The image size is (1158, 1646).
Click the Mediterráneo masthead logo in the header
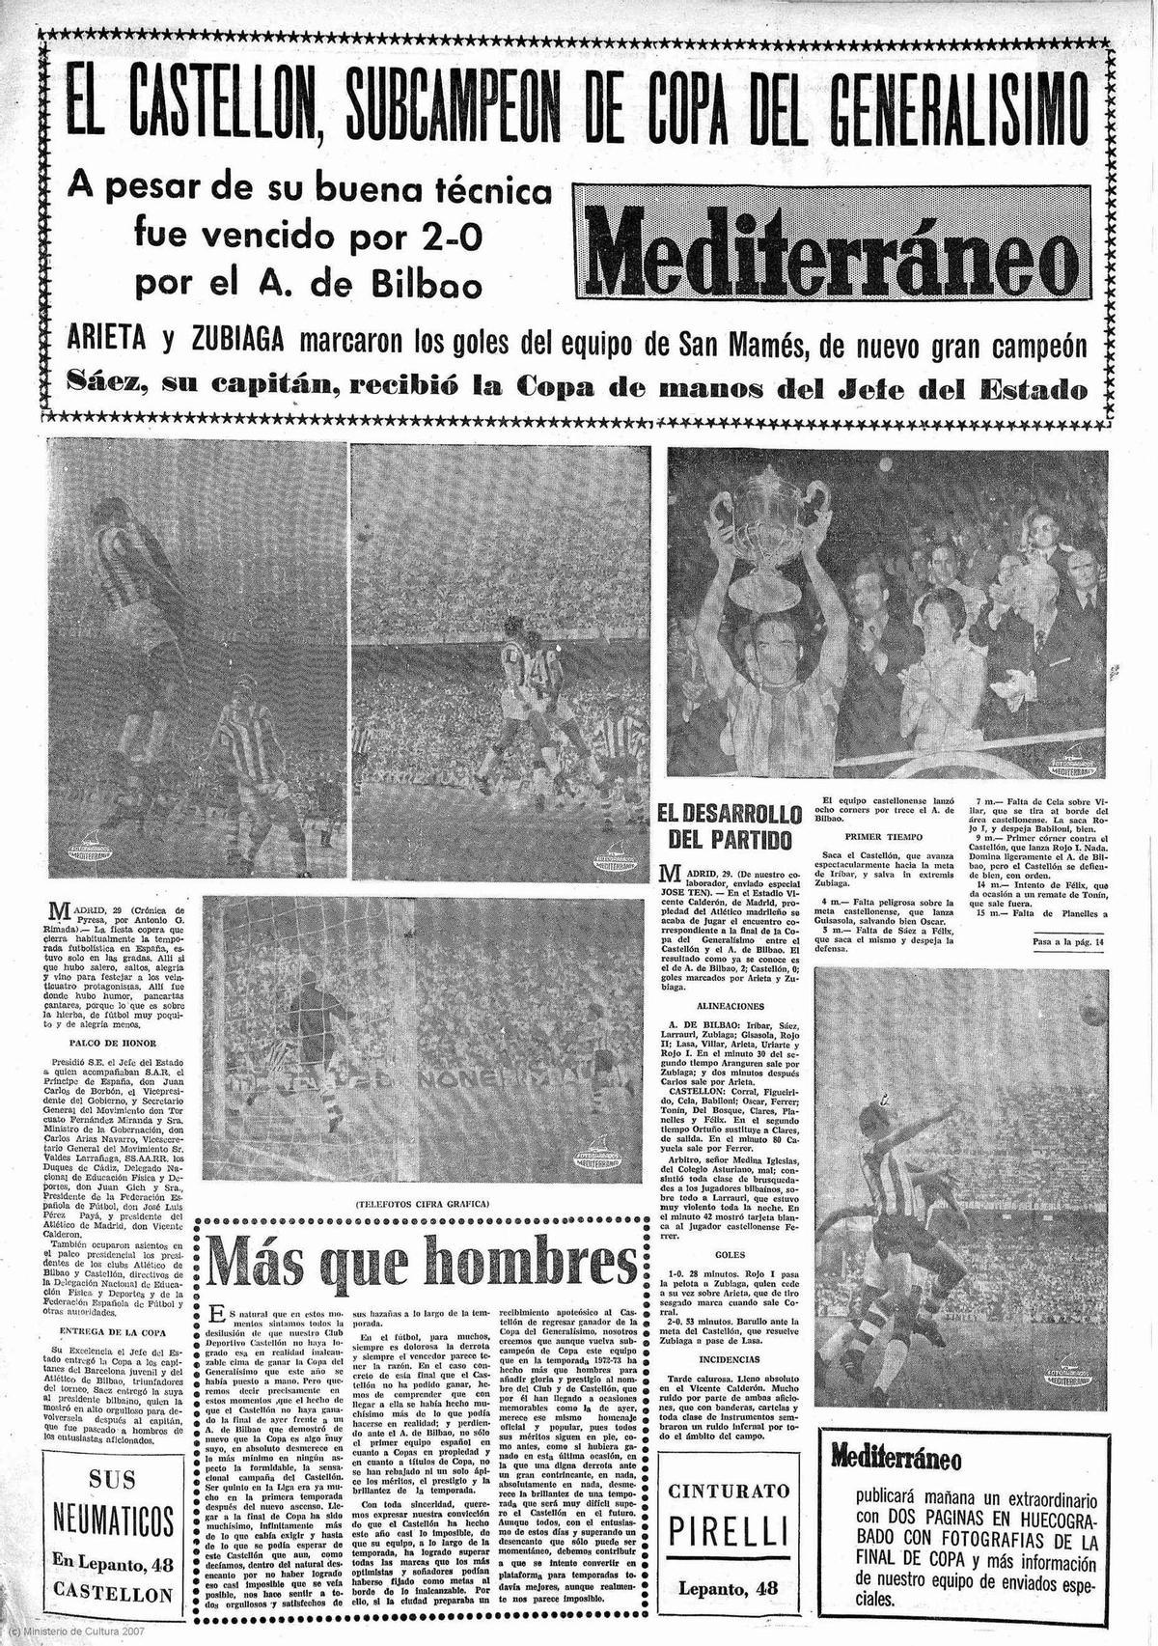[x=832, y=255]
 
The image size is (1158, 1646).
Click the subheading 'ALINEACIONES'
[x=734, y=1005]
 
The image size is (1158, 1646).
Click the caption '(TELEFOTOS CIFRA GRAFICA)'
[x=423, y=1203]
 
